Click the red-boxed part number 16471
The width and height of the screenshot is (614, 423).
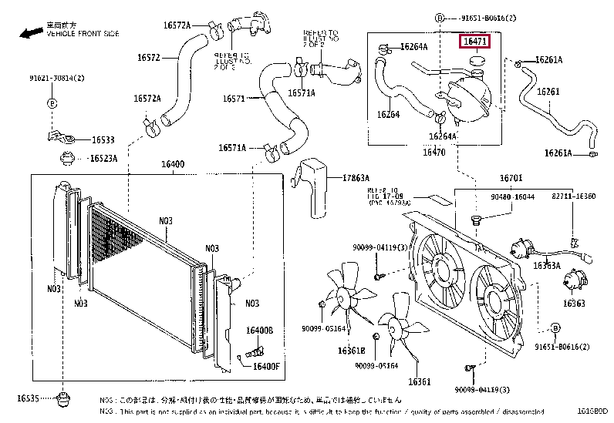[x=474, y=42]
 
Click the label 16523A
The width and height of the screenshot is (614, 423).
[x=103, y=158]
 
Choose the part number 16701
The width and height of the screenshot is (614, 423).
[x=511, y=178]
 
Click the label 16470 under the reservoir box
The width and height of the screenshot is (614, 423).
[x=433, y=152]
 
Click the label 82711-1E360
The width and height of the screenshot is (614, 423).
[x=575, y=196]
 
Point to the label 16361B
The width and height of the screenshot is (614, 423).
[x=350, y=351]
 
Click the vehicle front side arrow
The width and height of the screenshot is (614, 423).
[x=29, y=33]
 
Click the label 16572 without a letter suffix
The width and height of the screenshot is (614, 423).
[x=148, y=58]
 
